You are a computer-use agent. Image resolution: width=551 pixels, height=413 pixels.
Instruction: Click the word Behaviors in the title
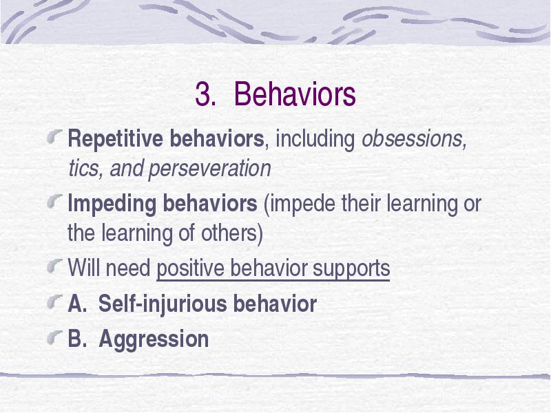click(295, 94)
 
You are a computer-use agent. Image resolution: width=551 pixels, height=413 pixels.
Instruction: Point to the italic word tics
click(83, 168)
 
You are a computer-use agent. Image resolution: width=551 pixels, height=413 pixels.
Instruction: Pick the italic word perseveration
click(210, 169)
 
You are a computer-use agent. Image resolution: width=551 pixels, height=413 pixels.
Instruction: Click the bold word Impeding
click(112, 204)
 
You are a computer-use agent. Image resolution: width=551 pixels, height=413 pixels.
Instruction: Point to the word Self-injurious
click(163, 304)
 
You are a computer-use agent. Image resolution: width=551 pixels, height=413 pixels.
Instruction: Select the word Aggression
click(154, 339)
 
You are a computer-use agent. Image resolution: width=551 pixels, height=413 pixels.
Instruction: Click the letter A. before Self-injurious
click(77, 304)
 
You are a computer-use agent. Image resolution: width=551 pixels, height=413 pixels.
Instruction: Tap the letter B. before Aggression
click(76, 339)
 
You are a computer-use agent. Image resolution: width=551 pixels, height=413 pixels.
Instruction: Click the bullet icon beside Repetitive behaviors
click(55, 136)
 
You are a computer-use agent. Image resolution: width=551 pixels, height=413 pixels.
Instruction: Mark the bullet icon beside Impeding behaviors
click(55, 201)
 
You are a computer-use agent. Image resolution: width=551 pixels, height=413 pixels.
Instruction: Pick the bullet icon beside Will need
click(55, 266)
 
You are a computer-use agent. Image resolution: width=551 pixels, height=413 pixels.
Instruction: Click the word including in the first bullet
click(315, 140)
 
